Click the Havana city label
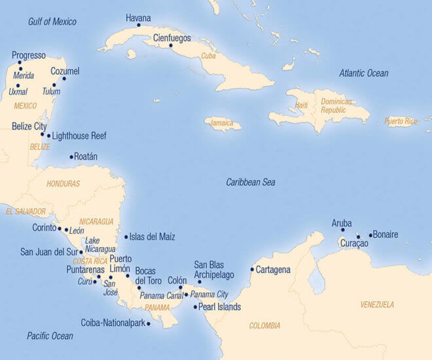pyautogui.click(x=138, y=18)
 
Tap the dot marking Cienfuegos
pyautogui.click(x=171, y=45)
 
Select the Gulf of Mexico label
pyautogui.click(x=52, y=22)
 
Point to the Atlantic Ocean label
pyautogui.click(x=363, y=73)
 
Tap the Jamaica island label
pyautogui.click(x=222, y=123)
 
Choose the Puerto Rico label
pyautogui.click(x=401, y=121)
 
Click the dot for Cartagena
pyautogui.click(x=252, y=269)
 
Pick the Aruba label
pyautogui.click(x=342, y=223)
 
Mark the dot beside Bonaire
pyautogui.click(x=370, y=235)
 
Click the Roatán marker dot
pyautogui.click(x=71, y=156)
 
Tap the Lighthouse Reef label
pyautogui.click(x=79, y=136)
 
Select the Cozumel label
pyautogui.click(x=65, y=71)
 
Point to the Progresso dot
pyautogui.click(x=20, y=63)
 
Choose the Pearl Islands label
pyautogui.click(x=219, y=306)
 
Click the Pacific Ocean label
pyautogui.click(x=50, y=336)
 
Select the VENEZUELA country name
pyautogui.click(x=377, y=304)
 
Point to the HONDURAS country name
pyautogui.click(x=63, y=184)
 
